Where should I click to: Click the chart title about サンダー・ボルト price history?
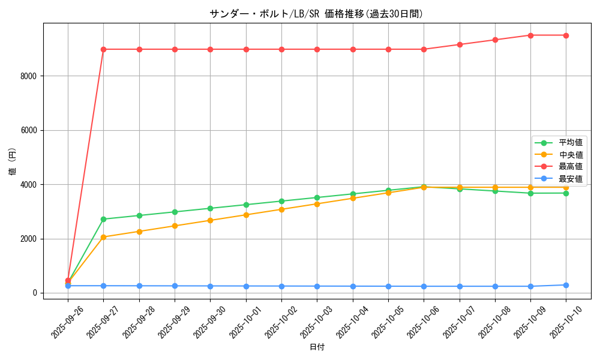pos(316,14)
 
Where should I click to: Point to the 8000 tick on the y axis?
pos(28,76)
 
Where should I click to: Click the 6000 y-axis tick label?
pos(28,130)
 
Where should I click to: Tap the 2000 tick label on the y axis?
pos(28,239)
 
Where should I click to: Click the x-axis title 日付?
pos(317,347)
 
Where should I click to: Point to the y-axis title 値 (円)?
pos(12,161)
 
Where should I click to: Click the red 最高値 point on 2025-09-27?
pos(103,49)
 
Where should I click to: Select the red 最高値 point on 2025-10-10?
pos(566,35)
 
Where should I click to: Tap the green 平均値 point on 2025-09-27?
pos(103,219)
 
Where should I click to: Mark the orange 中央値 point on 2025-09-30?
pos(210,220)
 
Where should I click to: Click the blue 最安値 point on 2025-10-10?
pos(566,285)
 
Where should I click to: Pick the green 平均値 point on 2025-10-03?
pos(317,197)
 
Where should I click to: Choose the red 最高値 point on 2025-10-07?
pos(460,44)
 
